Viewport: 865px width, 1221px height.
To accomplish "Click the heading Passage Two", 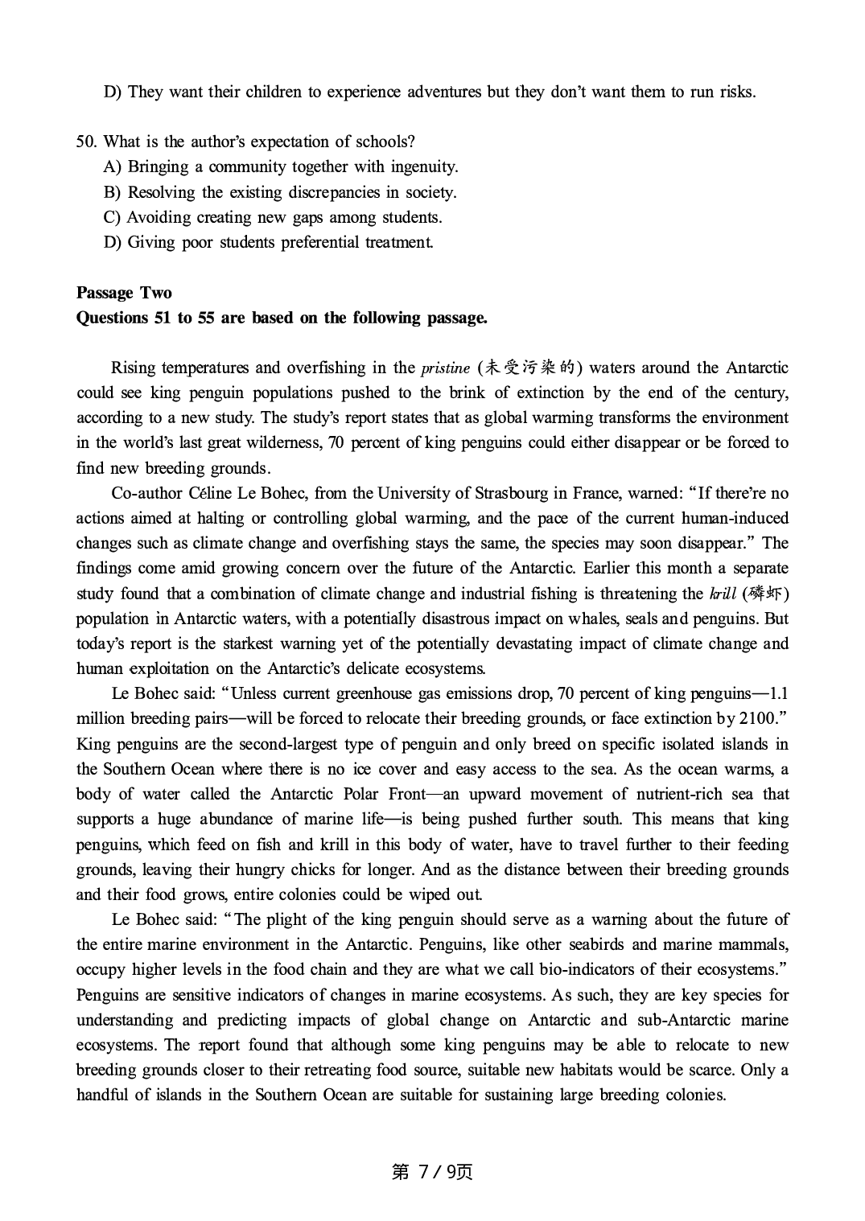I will coord(124,293).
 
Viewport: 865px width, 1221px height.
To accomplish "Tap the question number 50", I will coord(86,142).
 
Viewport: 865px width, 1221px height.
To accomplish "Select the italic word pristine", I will coord(445,368).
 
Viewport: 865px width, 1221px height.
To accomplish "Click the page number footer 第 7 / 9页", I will coord(432,1171).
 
